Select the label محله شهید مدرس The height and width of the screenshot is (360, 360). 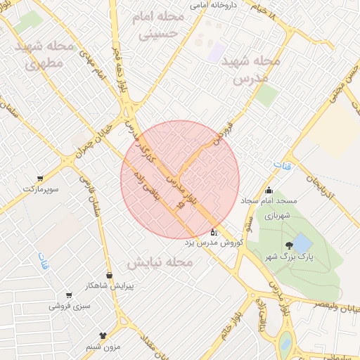tap(250, 70)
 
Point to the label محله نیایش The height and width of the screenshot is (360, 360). tap(160, 262)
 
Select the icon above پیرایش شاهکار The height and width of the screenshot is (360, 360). tap(109, 275)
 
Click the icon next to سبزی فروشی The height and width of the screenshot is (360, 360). tap(69, 295)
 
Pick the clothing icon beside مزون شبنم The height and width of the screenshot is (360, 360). tap(104, 336)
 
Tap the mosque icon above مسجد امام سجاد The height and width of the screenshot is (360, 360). tap(269, 190)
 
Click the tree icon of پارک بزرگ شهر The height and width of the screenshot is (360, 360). tap(289, 246)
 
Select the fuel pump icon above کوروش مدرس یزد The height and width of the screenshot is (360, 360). tap(214, 232)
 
